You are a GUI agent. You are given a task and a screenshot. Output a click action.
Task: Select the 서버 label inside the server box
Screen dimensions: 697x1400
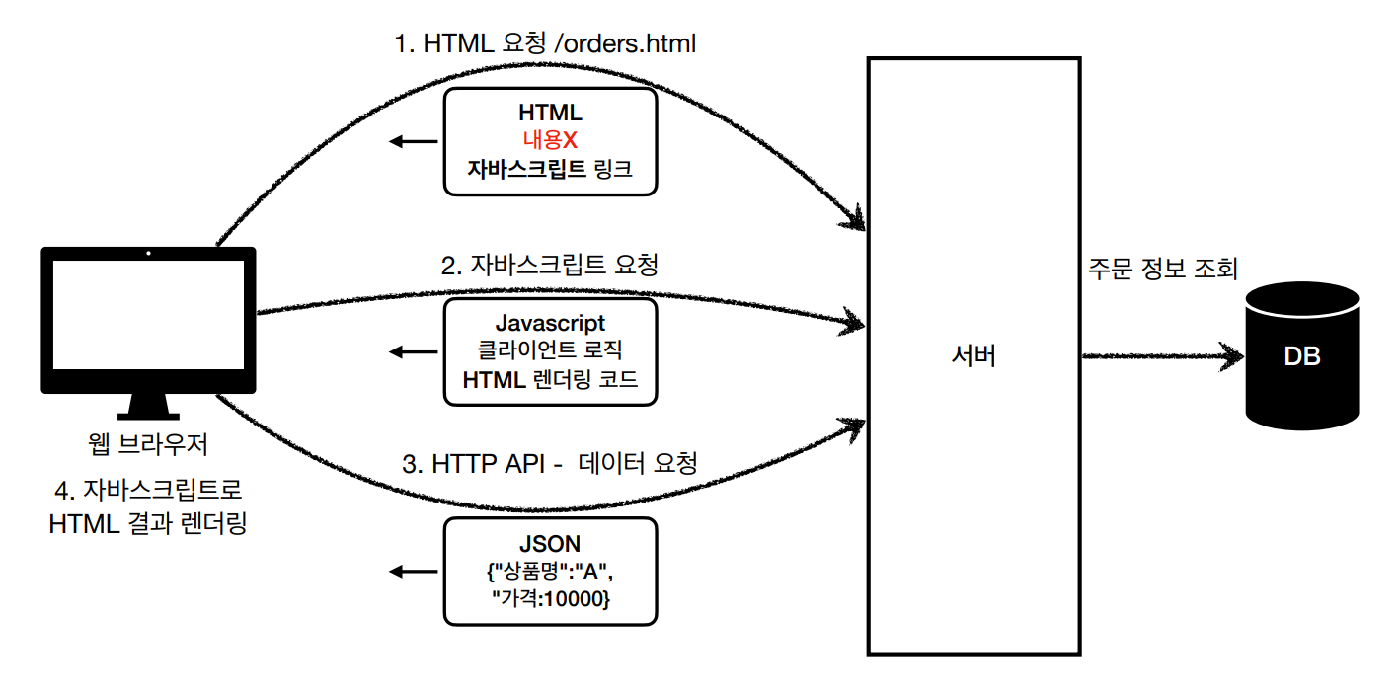click(972, 355)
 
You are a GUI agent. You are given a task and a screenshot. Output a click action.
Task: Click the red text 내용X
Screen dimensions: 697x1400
click(550, 141)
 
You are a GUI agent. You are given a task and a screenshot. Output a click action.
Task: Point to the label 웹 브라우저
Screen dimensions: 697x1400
click(148, 445)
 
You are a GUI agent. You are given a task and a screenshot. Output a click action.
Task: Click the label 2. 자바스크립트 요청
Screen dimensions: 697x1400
click(549, 265)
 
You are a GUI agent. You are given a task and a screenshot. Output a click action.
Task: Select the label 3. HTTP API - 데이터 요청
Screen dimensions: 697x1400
click(550, 464)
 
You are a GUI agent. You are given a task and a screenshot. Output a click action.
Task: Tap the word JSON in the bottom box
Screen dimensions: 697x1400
click(550, 544)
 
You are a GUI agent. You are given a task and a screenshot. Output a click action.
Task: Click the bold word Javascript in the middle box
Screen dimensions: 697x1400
click(550, 323)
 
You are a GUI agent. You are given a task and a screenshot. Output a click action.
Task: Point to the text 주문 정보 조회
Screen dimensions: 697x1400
click(1161, 269)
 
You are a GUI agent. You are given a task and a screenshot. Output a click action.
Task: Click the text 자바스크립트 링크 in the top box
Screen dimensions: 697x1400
click(550, 169)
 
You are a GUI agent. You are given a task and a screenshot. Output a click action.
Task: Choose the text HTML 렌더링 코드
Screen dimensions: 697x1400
click(550, 380)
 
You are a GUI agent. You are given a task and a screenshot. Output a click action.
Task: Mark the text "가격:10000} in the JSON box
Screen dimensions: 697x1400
click(550, 597)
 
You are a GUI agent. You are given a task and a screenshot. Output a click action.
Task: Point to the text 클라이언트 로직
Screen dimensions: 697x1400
click(550, 351)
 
